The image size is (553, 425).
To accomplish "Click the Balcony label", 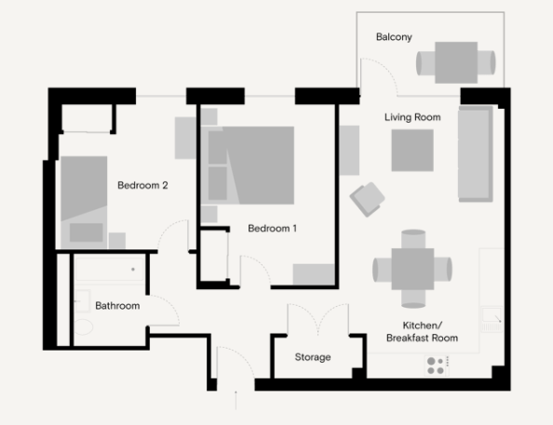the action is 394,37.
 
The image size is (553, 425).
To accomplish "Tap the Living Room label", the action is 412,117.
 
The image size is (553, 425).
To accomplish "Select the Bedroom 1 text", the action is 272,229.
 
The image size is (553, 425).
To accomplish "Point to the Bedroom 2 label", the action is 142,185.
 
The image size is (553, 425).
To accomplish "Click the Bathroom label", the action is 117,306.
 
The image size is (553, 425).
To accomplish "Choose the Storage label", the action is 313,357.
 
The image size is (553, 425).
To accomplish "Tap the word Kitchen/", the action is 422,325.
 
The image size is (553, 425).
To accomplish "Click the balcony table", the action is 456,62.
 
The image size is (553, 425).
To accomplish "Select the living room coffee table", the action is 412,151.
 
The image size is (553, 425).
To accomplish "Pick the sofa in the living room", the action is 476,154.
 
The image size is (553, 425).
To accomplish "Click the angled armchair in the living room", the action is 367,199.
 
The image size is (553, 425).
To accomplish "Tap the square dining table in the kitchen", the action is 412,269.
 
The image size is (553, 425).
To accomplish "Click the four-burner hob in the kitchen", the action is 437,365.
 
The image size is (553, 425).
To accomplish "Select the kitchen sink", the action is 492,319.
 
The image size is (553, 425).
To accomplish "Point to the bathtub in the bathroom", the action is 110,270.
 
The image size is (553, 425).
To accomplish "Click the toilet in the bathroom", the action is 84,327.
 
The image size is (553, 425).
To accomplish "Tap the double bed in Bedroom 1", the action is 251,166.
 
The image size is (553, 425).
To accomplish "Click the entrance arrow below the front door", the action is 236,400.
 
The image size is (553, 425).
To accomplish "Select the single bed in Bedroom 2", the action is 84,203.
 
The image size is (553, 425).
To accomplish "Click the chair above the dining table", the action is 413,239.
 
